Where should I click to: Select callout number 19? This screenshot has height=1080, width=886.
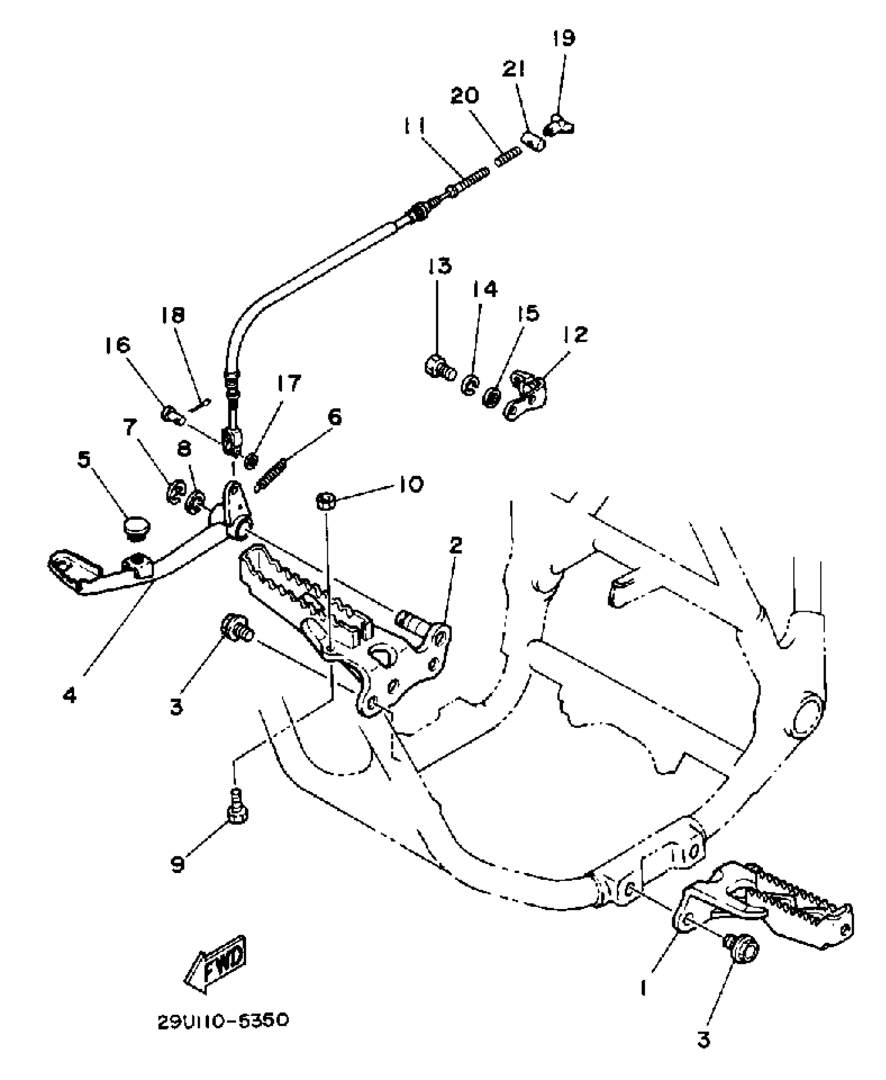563,38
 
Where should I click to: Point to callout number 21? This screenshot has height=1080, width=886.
514,69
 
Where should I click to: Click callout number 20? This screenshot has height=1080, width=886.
464,96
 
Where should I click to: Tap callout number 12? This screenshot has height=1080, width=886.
575,334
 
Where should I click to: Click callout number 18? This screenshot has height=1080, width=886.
173,315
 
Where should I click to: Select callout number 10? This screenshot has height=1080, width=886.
411,485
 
